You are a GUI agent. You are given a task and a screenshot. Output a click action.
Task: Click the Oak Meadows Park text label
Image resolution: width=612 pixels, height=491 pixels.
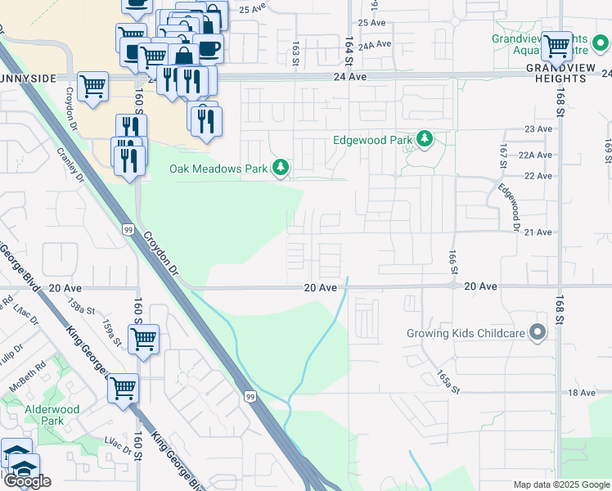point(218,169)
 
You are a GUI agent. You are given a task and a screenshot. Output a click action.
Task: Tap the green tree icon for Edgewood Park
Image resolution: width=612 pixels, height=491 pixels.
point(424,140)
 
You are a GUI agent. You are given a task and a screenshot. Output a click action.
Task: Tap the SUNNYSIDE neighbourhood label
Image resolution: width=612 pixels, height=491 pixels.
point(28,78)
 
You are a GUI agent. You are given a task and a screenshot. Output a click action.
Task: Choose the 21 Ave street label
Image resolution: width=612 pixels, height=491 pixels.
point(538,232)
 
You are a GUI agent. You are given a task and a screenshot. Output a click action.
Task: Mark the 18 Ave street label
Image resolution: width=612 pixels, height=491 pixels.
point(582,393)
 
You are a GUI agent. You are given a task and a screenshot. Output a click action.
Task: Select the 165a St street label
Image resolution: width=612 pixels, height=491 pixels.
point(444,378)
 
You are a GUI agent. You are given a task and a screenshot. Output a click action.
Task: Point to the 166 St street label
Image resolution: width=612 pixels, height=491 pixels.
point(452,263)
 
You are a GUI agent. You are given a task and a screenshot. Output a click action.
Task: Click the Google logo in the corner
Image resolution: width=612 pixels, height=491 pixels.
point(27,481)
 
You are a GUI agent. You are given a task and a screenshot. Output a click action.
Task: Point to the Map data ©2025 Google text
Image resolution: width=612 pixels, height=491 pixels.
point(560,484)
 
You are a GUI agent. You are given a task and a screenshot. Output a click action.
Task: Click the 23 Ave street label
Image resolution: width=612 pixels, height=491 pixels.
point(538,129)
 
